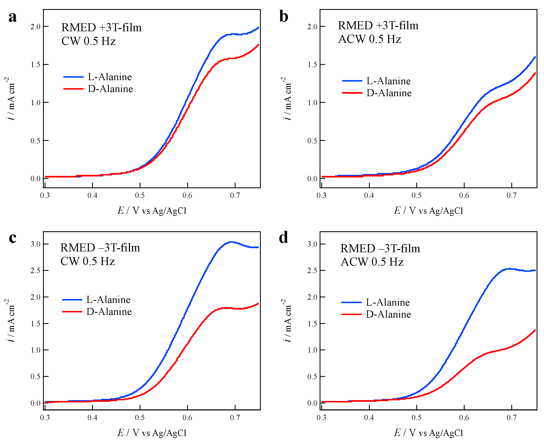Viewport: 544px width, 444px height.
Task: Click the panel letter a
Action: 12,17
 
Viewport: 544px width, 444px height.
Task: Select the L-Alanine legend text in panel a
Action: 110,77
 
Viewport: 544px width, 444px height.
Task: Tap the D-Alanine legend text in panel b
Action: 389,93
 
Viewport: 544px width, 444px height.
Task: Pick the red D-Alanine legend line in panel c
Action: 72,312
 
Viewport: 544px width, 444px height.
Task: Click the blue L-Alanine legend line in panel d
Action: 352,302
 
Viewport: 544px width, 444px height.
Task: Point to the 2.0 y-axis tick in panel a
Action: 36,27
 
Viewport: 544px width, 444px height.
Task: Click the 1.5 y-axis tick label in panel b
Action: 312,64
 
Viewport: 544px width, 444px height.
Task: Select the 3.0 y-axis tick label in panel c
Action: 36,244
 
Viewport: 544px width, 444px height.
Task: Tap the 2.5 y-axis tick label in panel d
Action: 312,271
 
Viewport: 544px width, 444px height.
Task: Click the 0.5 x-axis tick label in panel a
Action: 140,196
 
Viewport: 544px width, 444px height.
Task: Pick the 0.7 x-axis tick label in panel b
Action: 512,196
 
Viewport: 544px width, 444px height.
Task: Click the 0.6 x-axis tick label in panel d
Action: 464,418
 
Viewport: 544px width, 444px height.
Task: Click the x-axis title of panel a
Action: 152,210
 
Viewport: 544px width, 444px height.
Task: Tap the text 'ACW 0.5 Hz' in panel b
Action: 370,39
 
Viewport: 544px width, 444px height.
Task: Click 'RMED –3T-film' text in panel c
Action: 100,248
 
